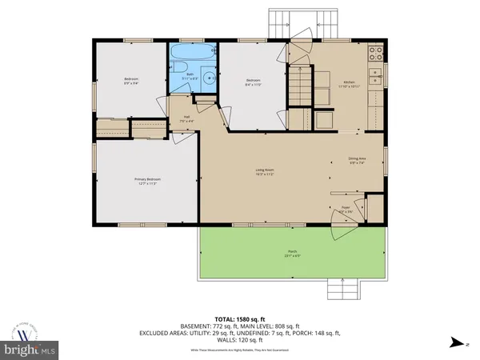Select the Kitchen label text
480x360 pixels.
coord(349,84)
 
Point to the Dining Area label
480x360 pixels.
coord(356,161)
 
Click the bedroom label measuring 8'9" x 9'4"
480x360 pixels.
coord(131,81)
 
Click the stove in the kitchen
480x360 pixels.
coord(374,56)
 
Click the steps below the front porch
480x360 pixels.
coord(348,289)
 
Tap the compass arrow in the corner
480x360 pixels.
coord(456,342)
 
